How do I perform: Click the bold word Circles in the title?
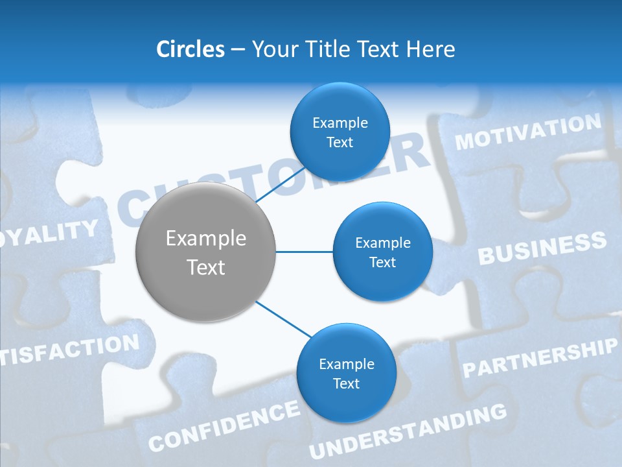190,49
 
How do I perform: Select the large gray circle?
205,252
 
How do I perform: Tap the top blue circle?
340,132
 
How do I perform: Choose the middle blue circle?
382,252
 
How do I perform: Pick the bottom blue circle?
346,373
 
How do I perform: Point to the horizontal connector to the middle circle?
304,252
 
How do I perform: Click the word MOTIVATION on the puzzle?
528,132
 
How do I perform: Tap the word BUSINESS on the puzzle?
542,248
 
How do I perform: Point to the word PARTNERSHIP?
539,359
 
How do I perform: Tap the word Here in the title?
431,49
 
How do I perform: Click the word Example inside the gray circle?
205,239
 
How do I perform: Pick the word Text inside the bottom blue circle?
346,383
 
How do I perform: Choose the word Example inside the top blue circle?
340,123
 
